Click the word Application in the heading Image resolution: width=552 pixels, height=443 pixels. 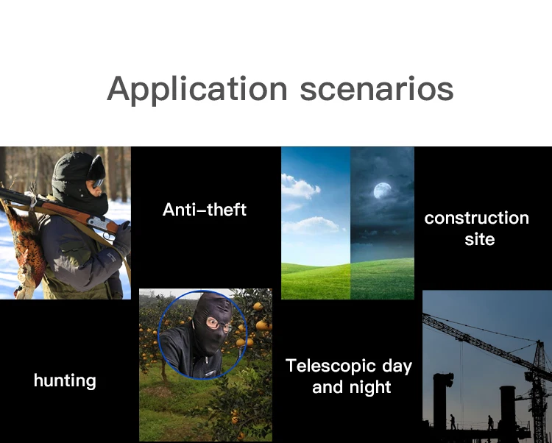pyautogui.click(x=197, y=90)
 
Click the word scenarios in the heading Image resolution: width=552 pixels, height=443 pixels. pyautogui.click(x=377, y=89)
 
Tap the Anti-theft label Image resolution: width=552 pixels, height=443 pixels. pyautogui.click(x=205, y=210)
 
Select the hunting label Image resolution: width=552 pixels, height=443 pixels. pyautogui.click(x=65, y=381)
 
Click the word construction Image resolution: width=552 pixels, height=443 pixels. pyautogui.click(x=477, y=218)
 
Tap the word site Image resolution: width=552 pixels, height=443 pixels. pyautogui.click(x=479, y=239)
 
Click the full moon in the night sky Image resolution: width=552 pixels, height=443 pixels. pyautogui.click(x=382, y=191)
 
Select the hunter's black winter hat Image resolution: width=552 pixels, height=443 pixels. pyautogui.click(x=78, y=169)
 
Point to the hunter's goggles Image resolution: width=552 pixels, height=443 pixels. pyautogui.click(x=97, y=183)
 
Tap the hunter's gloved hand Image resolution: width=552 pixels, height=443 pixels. pyautogui.click(x=123, y=238)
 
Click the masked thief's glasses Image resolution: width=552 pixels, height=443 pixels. pyautogui.click(x=218, y=324)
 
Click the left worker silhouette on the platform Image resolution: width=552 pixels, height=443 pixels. pyautogui.click(x=453, y=422)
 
